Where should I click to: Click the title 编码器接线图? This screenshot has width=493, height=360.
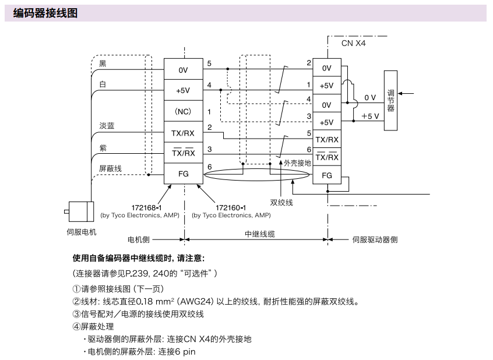coord(45,12)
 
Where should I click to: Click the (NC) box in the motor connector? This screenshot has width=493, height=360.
coord(183,111)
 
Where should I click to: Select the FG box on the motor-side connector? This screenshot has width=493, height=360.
coord(183,173)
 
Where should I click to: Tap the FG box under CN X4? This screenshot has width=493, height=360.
coord(327,175)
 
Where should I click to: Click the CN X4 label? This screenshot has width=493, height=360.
coord(354,43)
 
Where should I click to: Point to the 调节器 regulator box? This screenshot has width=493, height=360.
coord(390,100)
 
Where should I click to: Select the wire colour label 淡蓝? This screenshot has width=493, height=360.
coord(107,126)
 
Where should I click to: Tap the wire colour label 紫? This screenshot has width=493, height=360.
coord(103,148)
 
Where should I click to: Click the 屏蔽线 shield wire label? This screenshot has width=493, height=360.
coord(110,168)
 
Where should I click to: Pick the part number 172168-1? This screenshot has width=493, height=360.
coord(147,207)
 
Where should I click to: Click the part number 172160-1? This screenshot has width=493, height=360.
coord(231,207)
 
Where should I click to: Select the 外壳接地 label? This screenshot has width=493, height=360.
coord(297,163)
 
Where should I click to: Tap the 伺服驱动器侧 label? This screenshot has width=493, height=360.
coord(375,239)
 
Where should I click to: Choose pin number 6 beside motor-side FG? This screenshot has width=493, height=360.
coord(209,167)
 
